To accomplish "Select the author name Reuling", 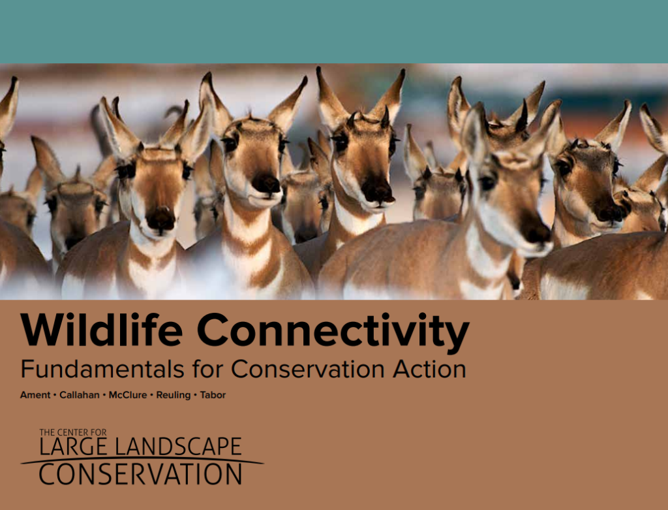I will tap(173, 395).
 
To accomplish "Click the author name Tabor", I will tap(213, 395).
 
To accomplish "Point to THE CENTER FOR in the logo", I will tap(72, 432).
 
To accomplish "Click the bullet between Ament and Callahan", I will tap(54, 396).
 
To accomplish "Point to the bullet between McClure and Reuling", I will tap(152, 396).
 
